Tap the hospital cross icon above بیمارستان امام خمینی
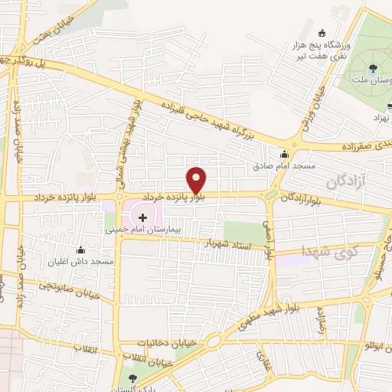142,218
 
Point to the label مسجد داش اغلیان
81,261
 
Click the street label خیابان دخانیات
164,344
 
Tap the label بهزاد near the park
381,119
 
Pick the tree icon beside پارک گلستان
132,377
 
